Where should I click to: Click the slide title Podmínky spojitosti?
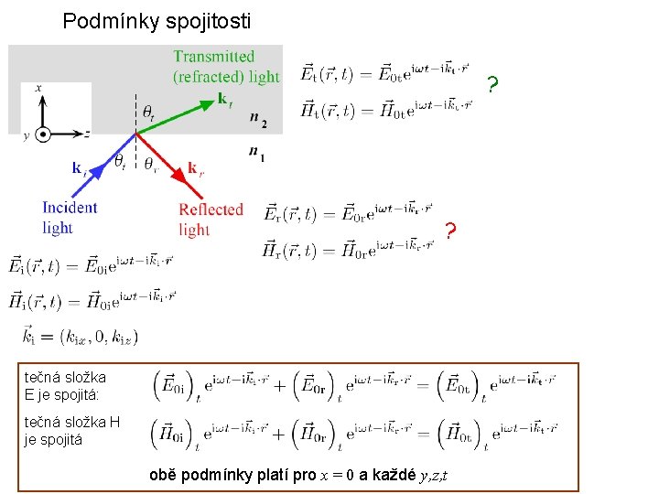coord(157,20)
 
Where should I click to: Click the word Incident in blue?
coord(70,208)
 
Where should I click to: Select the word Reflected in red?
coord(211,209)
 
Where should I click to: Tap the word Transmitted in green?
coord(214,57)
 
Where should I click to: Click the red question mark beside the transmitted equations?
coord(492,87)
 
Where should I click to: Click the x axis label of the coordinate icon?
coord(38,88)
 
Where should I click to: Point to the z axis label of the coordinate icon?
coord(86,134)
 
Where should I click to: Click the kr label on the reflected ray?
coord(193,166)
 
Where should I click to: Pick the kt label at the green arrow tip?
coord(223,98)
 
